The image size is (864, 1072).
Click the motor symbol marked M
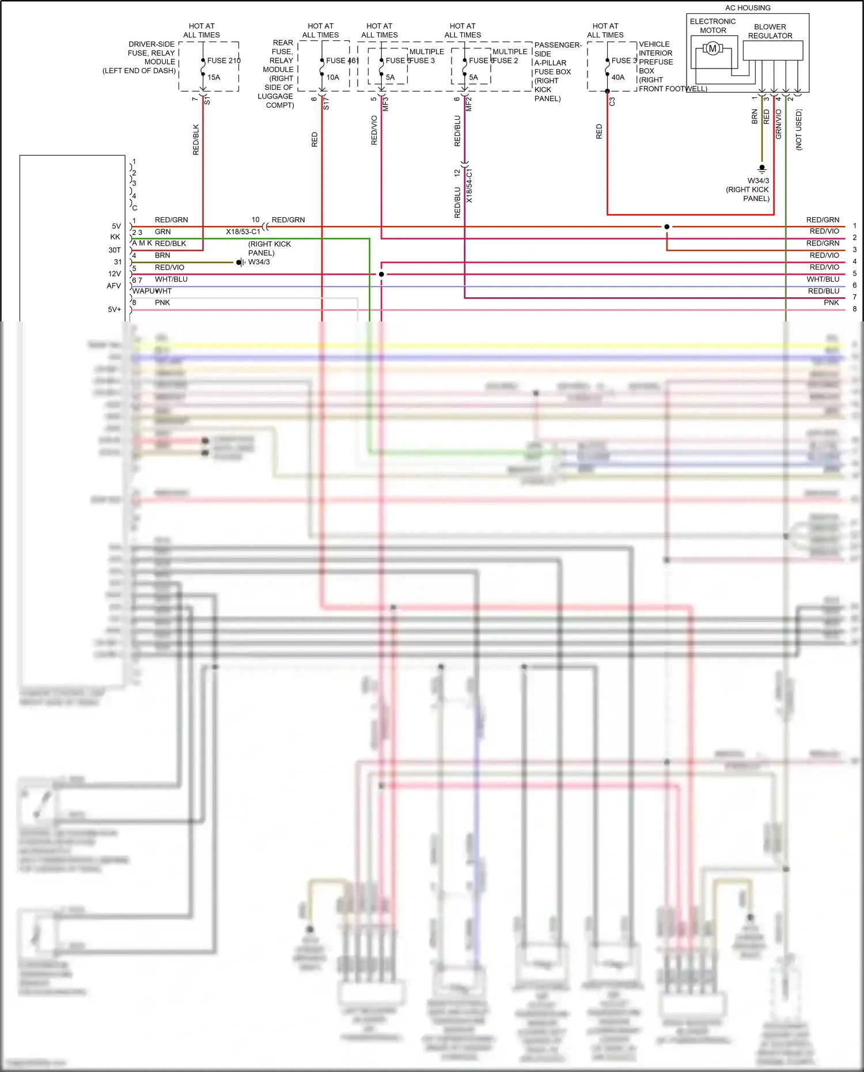713,49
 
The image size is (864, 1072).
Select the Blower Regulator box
772,51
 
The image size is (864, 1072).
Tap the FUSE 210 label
223,60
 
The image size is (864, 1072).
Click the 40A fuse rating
618,77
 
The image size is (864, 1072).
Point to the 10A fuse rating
333,77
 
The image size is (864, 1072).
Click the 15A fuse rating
214,77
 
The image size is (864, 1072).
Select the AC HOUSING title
748,8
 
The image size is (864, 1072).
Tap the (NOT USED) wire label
798,130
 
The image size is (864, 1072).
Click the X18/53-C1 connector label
243,232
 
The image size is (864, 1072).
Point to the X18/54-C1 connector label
469,186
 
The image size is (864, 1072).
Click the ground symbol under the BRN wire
762,169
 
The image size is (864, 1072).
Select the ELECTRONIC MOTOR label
713,26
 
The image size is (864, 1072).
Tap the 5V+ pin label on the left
115,309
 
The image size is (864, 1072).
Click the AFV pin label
114,286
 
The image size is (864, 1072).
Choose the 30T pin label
115,250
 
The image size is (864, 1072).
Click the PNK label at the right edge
831,302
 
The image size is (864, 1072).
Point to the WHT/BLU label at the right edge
823,279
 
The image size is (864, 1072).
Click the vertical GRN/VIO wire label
778,124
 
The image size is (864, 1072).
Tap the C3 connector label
612,101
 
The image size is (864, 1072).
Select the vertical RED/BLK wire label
196,139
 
